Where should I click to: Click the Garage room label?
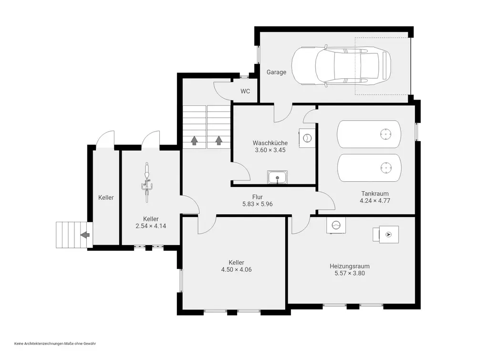tap(276, 72)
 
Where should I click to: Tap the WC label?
tap(245, 91)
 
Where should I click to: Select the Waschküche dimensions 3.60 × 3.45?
tap(270, 150)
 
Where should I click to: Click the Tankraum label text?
tap(375, 194)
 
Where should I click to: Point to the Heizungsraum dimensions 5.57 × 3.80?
tap(350, 273)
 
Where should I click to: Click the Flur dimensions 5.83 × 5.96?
tap(258, 204)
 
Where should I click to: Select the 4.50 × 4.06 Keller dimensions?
tap(237, 269)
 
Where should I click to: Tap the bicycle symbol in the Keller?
tap(146, 182)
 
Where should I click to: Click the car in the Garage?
tap(342, 66)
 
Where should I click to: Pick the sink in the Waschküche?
tap(277, 177)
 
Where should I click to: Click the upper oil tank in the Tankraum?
tap(369, 134)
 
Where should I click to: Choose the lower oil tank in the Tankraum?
tap(369, 168)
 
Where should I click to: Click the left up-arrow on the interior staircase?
tap(194, 141)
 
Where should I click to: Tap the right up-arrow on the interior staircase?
tap(219, 141)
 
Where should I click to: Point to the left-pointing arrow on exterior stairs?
tap(85, 235)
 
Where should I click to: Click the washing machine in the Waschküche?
tap(307, 138)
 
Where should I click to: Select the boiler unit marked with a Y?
tap(386, 235)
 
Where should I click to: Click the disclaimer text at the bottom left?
tap(55, 344)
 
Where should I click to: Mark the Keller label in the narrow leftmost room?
tap(106, 197)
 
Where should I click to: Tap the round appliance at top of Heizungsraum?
tap(336, 226)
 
